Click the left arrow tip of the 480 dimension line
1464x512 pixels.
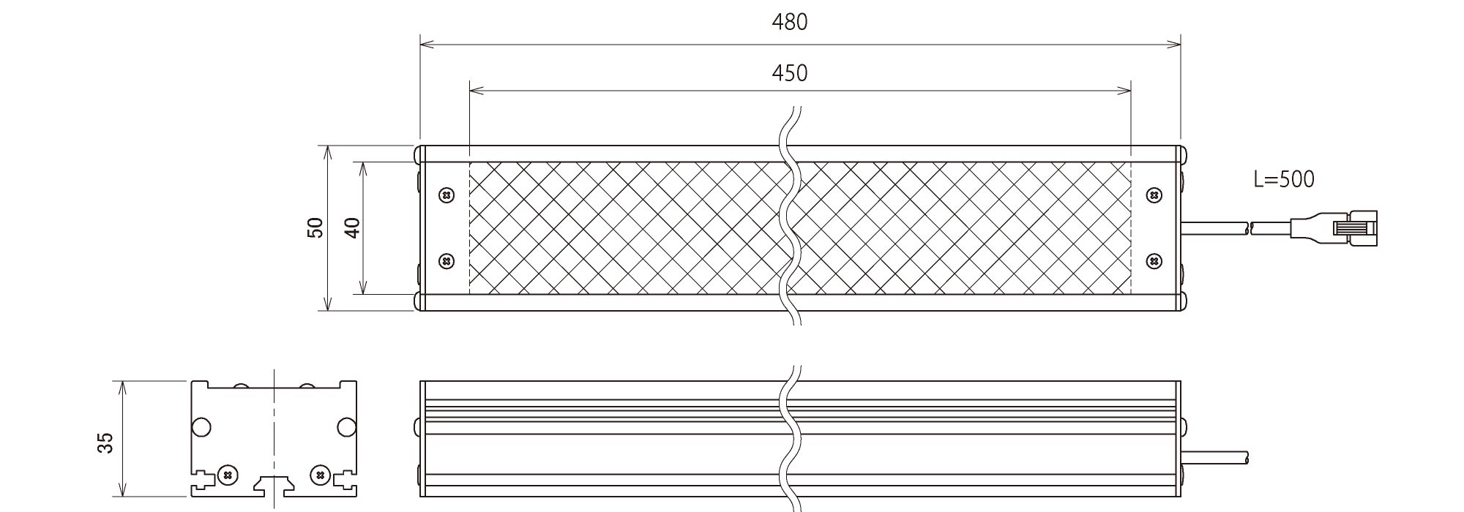[420, 45]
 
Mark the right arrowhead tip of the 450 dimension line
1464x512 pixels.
[1132, 91]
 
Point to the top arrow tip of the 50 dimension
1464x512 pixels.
[327, 146]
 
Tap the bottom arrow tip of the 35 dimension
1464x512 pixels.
[123, 496]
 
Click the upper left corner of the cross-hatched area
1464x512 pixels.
[469, 162]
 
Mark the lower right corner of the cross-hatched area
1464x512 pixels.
[1132, 295]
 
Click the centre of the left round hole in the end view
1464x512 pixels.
[201, 426]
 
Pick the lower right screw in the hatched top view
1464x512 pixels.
[1154, 260]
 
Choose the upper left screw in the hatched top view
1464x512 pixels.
[446, 195]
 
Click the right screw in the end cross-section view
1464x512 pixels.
[319, 475]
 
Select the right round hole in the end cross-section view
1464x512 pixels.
[346, 426]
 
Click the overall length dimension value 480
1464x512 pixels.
[790, 23]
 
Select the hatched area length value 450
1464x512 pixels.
[790, 73]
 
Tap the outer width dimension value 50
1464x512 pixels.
[315, 228]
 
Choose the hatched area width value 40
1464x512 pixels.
[352, 228]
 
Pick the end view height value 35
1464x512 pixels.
[106, 443]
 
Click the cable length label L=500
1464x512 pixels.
[1284, 179]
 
